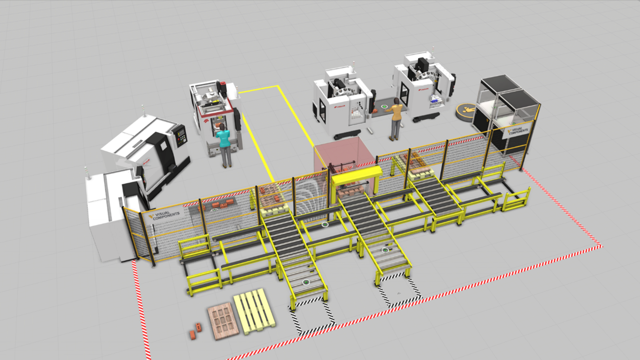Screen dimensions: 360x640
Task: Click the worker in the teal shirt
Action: pos(225,144)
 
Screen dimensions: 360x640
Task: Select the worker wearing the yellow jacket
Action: pos(396,118)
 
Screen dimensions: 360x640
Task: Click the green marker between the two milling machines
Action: pos(385,106)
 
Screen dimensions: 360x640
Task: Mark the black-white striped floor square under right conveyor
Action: pos(399,292)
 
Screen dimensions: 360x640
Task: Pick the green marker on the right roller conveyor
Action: pos(385,251)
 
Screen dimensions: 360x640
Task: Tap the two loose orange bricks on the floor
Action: pos(195,331)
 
